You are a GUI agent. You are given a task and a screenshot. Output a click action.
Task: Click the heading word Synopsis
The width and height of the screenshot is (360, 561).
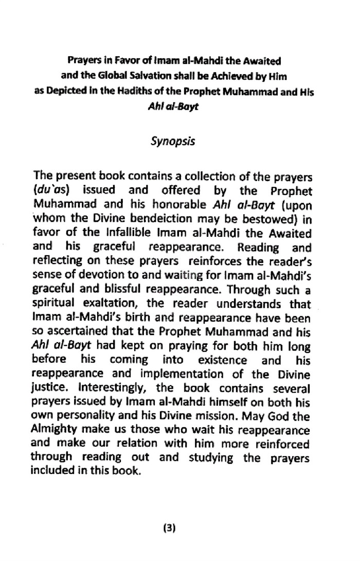pyautogui.click(x=173, y=140)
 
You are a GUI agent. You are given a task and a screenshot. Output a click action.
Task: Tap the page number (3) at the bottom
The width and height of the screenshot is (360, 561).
pyautogui.click(x=170, y=528)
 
